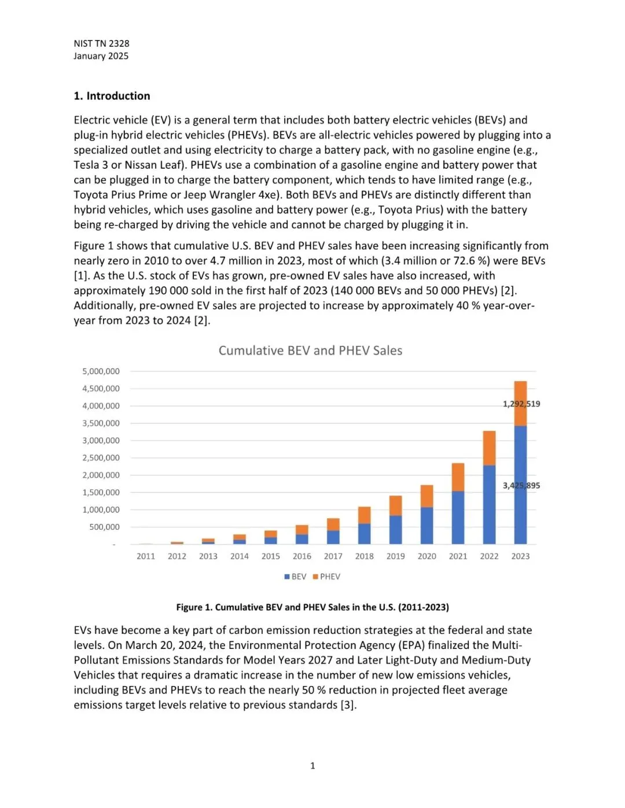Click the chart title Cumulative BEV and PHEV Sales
[x=310, y=350]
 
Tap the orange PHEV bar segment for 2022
[x=489, y=448]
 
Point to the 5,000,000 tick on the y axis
[x=101, y=371]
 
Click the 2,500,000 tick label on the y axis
[x=101, y=458]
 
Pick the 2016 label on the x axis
[x=302, y=556]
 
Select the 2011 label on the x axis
[x=146, y=556]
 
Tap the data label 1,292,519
[x=521, y=404]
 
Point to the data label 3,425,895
[x=521, y=485]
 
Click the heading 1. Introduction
[x=112, y=96]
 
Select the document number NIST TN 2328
[x=101, y=43]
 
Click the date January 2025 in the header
[x=101, y=56]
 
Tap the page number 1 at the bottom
[x=312, y=765]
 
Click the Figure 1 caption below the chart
[x=312, y=607]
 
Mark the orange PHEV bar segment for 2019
[x=395, y=506]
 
